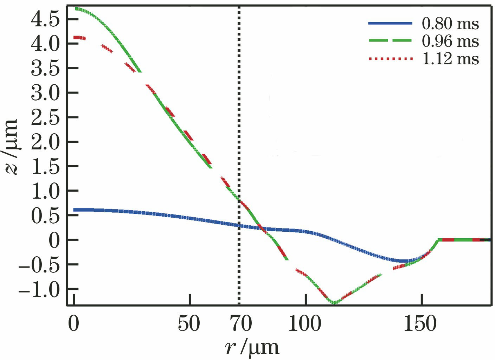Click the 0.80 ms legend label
click(450, 24)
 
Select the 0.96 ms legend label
click(450, 41)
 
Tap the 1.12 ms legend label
click(450, 58)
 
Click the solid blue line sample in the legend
click(390, 23)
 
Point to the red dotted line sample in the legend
click(390, 58)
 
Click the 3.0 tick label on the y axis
click(44, 93)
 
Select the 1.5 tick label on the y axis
click(44, 167)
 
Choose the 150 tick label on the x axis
click(420, 323)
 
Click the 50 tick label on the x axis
click(189, 323)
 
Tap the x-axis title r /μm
click(252, 347)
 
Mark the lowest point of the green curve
click(334, 302)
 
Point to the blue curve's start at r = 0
click(75, 210)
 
